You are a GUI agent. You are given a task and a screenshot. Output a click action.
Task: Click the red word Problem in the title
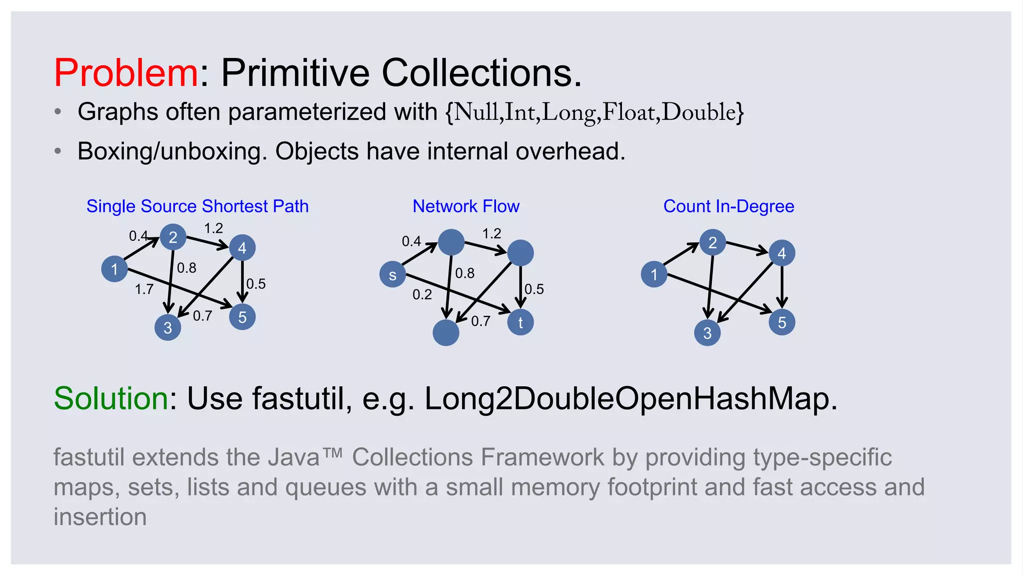pyautogui.click(x=126, y=73)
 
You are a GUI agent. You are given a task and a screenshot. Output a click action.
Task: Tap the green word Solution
pyautogui.click(x=111, y=398)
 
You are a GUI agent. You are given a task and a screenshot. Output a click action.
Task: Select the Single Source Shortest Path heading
pyautogui.click(x=197, y=206)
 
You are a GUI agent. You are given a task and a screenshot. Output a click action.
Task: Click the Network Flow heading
pyautogui.click(x=466, y=206)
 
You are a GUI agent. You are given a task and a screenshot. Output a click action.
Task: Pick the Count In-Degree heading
pyautogui.click(x=728, y=206)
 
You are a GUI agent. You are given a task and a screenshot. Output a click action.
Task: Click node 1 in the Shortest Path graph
pyautogui.click(x=114, y=269)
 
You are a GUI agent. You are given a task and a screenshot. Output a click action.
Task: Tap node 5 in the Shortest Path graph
pyautogui.click(x=242, y=317)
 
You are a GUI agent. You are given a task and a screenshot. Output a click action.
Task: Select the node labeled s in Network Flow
pyautogui.click(x=393, y=275)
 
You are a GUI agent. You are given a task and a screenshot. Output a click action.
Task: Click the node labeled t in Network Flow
pyautogui.click(x=520, y=322)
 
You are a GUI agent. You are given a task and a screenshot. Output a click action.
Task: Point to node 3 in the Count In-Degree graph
pyautogui.click(x=707, y=333)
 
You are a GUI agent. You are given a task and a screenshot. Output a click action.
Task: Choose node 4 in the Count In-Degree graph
pyautogui.click(x=782, y=253)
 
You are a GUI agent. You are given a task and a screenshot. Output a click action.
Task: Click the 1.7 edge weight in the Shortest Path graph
pyautogui.click(x=144, y=289)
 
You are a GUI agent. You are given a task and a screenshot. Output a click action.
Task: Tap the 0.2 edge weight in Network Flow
pyautogui.click(x=422, y=294)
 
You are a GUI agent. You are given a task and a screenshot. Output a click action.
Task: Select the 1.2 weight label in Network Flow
pyautogui.click(x=492, y=234)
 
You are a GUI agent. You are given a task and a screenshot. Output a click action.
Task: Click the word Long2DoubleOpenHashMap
pyautogui.click(x=630, y=398)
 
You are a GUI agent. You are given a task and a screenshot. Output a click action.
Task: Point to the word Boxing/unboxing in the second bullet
pyautogui.click(x=169, y=151)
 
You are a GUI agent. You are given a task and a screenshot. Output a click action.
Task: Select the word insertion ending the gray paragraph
pyautogui.click(x=100, y=517)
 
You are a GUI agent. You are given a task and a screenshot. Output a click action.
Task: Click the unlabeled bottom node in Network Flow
pyautogui.click(x=446, y=333)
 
